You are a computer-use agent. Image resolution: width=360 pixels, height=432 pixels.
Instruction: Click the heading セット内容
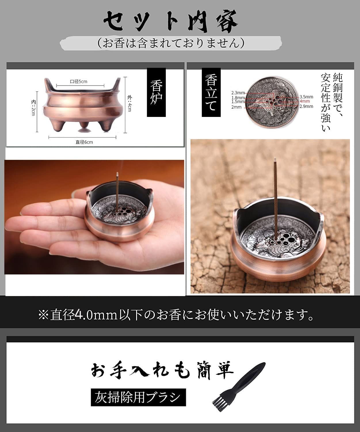[x=171, y=21]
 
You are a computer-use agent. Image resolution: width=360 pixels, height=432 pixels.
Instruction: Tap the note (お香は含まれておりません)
[x=171, y=43]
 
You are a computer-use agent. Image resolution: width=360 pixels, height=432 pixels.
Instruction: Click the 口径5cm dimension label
[x=79, y=82]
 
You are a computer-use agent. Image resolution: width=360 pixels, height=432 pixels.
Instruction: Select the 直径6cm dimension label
[x=84, y=142]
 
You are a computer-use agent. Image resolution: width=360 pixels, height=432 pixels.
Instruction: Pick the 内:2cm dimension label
[x=33, y=108]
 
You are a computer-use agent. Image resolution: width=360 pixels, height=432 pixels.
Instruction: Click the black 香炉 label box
[x=156, y=92]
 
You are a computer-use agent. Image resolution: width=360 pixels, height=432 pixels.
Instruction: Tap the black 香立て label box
[x=211, y=92]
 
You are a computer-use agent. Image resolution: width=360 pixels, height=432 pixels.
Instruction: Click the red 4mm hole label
[x=304, y=101]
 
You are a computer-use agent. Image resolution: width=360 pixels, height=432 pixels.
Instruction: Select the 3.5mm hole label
[x=306, y=96]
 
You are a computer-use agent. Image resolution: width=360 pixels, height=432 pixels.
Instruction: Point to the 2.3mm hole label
[x=238, y=93]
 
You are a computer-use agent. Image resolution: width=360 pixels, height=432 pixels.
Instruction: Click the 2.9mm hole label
[x=306, y=106]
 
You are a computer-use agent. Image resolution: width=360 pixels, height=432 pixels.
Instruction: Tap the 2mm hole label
[x=236, y=107]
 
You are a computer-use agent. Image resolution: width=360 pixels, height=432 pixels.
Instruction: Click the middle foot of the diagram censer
[x=84, y=128]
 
